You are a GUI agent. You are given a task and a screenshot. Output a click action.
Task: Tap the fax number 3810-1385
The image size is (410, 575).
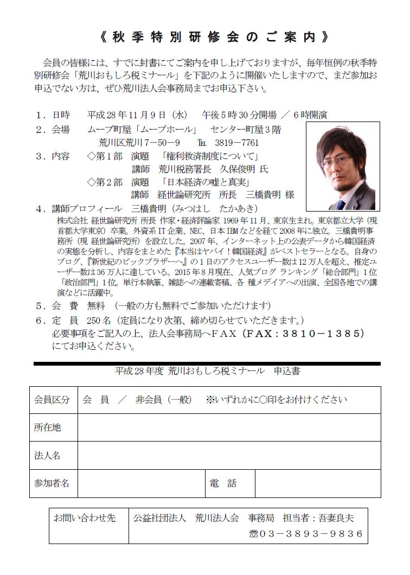318,333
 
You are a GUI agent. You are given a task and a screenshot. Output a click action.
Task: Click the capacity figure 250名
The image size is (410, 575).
99,320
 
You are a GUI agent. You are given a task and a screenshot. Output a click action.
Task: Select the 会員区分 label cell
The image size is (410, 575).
53,400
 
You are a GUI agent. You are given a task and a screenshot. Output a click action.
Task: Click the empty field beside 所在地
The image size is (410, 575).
228,428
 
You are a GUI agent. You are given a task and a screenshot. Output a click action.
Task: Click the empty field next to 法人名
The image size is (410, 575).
228,456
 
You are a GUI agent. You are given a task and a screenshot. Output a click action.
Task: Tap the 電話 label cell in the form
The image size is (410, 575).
222,483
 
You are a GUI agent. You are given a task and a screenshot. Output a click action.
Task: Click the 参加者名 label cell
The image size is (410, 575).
53,483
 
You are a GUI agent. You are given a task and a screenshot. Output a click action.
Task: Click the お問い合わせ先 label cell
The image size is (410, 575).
84,519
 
